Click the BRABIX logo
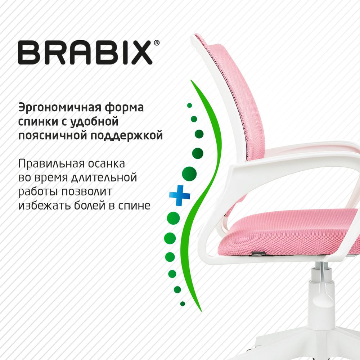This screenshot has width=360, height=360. pyautogui.click(x=85, y=53)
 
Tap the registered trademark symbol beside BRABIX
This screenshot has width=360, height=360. pyautogui.click(x=156, y=43)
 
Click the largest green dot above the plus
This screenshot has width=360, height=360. pyautogui.click(x=189, y=174)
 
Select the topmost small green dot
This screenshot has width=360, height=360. pyautogui.click(x=189, y=105)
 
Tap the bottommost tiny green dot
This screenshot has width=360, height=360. pyautogui.click(x=183, y=304)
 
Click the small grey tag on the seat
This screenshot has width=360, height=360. pyautogui.click(x=258, y=253)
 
